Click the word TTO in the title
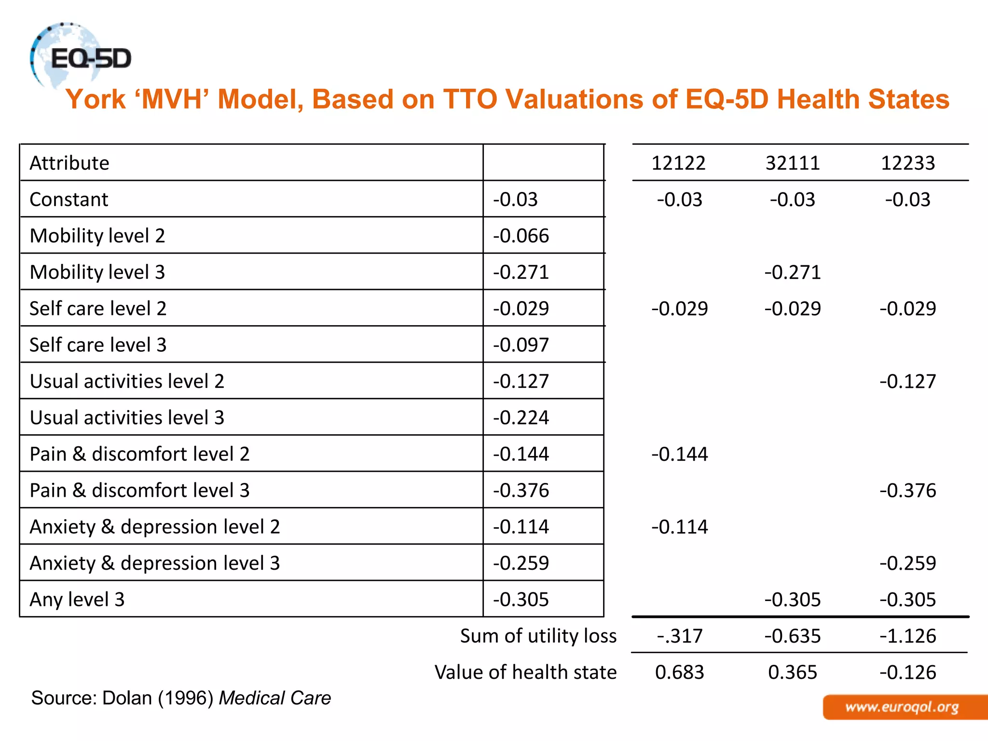(470, 99)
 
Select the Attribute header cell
(69, 163)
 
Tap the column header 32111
(793, 163)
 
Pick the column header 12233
(907, 163)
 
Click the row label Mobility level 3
(97, 272)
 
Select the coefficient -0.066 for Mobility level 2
(521, 236)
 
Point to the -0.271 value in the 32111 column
(793, 273)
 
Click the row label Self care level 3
(98, 345)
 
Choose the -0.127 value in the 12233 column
(907, 382)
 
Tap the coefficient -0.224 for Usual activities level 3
(521, 418)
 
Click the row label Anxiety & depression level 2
(155, 527)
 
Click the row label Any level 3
(77, 600)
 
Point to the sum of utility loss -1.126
(907, 636)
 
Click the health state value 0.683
(679, 672)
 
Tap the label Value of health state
(525, 672)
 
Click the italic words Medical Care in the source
(275, 698)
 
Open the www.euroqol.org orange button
(902, 707)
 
